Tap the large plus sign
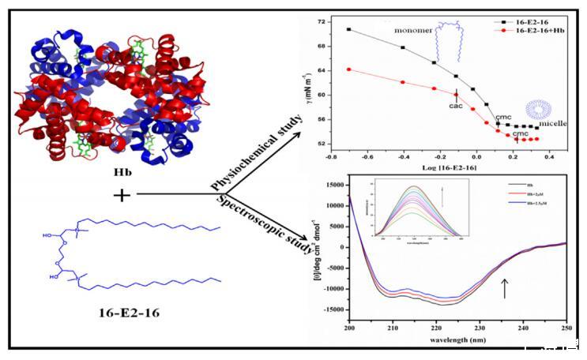coord(122,194)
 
